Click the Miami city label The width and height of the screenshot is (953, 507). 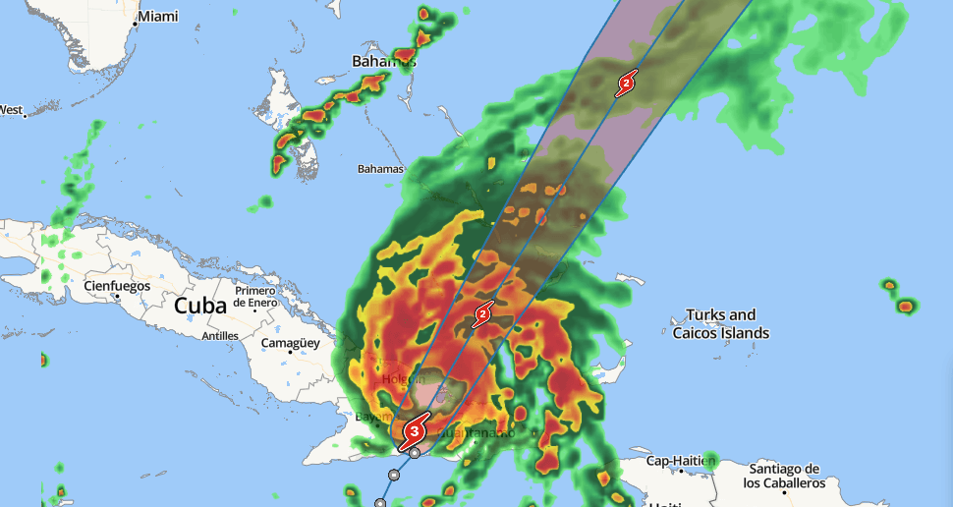tap(158, 17)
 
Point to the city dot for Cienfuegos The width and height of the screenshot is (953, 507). tap(117, 296)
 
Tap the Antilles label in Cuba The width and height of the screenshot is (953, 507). tap(219, 336)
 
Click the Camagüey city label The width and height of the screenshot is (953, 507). tap(291, 343)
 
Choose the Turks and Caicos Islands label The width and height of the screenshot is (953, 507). tap(720, 324)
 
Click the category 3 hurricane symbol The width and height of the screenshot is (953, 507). tap(416, 429)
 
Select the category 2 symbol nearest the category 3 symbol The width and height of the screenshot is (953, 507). tap(482, 315)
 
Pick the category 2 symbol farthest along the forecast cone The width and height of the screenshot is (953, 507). tap(626, 84)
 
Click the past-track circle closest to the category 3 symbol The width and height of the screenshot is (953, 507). tap(416, 453)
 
